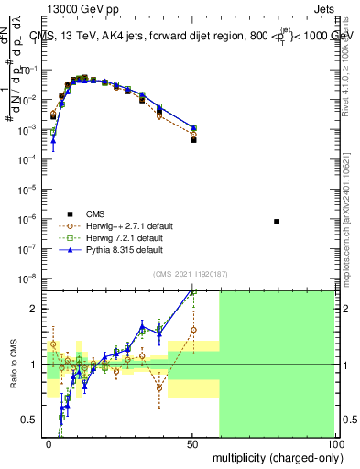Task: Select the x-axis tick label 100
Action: point(334,444)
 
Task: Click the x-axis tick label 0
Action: point(48,444)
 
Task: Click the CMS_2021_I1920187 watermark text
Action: point(190,274)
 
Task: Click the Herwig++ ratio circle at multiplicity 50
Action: point(193,330)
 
